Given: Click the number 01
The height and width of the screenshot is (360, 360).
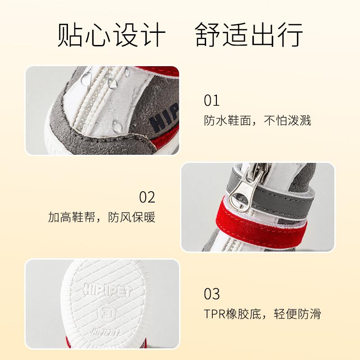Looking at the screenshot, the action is [211, 100].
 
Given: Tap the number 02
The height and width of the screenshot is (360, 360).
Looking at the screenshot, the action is [147, 197].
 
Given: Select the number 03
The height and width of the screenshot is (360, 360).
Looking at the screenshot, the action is [211, 294].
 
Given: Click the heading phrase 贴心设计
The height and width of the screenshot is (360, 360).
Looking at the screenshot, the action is [111, 35].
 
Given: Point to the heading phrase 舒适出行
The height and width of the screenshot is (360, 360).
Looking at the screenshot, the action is [249, 35].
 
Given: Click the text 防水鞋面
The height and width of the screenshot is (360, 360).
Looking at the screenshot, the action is [227, 121].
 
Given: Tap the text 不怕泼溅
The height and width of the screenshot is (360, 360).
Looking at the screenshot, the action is [288, 121].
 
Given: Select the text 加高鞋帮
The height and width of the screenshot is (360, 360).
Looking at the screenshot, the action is [72, 217].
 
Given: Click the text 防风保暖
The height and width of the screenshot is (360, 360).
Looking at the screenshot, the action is [132, 217].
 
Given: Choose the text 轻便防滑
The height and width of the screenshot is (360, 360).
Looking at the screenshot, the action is [297, 314].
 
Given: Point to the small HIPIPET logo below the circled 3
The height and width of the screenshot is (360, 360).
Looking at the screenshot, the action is [106, 332].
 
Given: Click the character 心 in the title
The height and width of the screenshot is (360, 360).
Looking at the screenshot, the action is [98, 35].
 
